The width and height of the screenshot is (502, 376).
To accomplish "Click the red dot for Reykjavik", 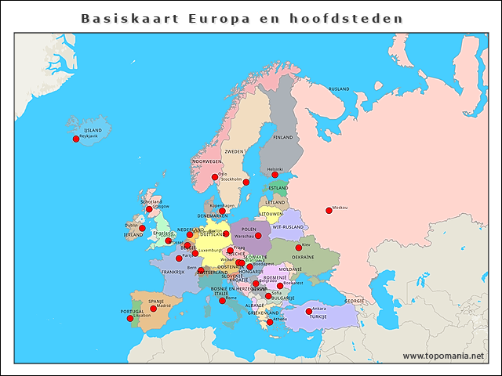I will [76, 139].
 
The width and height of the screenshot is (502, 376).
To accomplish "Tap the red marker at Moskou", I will [329, 210].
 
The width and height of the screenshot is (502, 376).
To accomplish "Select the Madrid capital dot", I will [153, 309].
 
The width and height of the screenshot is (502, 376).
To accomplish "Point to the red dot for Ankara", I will [309, 311].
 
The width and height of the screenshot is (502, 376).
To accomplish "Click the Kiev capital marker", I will [297, 247].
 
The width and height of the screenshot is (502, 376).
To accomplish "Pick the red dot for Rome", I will [222, 301].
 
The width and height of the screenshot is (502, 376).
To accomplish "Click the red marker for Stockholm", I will [246, 182].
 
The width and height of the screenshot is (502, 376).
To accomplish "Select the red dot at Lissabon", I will [130, 318].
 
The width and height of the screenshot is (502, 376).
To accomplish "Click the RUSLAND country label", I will [339, 89].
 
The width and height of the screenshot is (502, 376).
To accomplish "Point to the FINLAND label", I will [282, 137].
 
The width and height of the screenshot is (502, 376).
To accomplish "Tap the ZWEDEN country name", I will [235, 151].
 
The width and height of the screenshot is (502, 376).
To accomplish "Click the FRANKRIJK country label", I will [173, 272].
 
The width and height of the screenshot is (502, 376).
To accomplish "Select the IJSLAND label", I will [93, 130].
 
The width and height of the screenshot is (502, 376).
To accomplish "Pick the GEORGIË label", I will [355, 300].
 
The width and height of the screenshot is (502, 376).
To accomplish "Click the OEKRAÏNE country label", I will [303, 257].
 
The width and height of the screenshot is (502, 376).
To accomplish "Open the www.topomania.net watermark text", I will [443, 356].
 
